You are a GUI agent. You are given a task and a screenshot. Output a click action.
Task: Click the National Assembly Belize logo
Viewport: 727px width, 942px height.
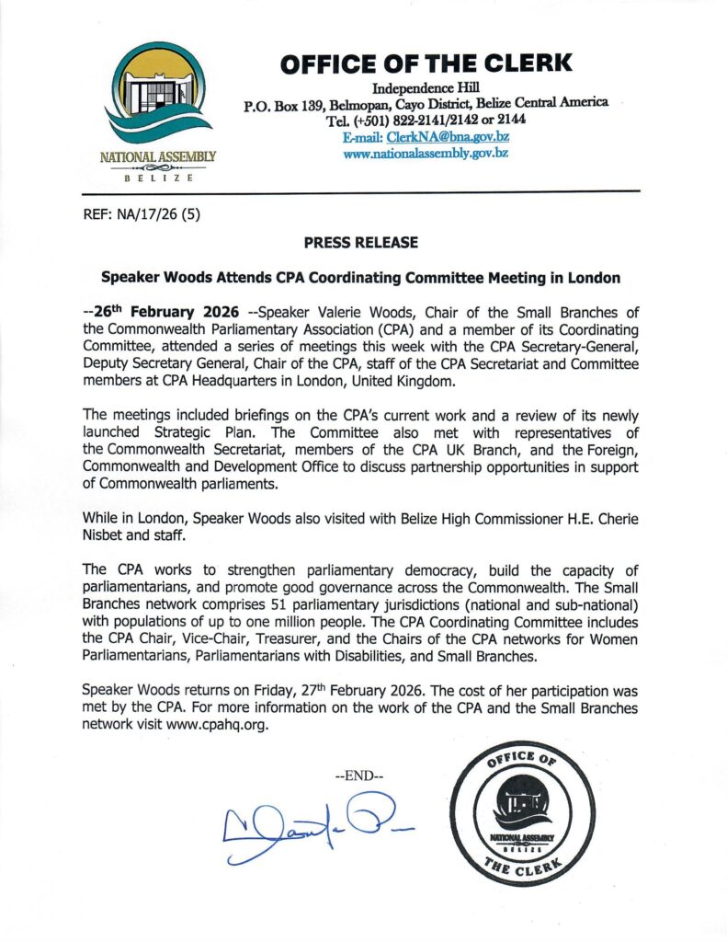pos(157,109)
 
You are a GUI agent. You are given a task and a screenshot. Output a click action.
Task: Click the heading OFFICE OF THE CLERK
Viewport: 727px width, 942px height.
pos(426,63)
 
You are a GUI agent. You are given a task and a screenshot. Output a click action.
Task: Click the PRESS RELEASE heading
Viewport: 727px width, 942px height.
pos(362,243)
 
